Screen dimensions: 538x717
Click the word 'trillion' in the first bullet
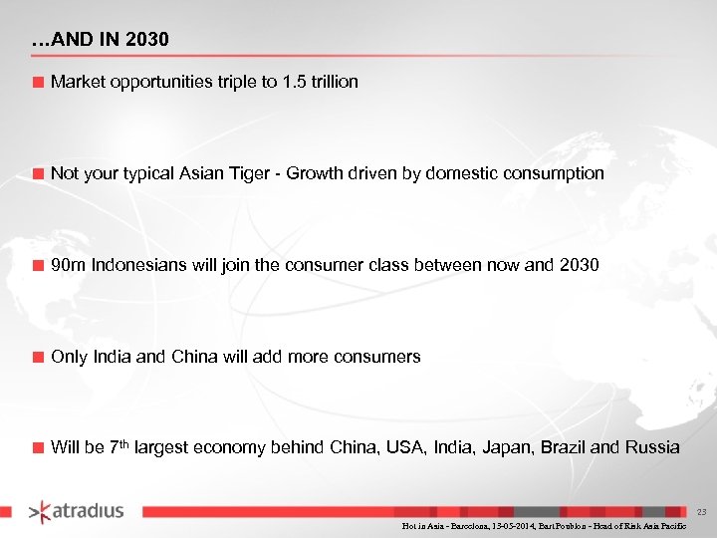coord(332,82)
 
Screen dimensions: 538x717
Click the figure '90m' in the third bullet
coord(67,265)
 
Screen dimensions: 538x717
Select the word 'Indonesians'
coord(133,265)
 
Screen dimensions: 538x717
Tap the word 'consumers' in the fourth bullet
coord(381,357)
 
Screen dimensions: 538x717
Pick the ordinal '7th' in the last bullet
coord(119,446)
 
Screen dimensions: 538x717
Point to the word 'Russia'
coord(652,447)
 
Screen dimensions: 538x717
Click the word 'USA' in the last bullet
coord(414,447)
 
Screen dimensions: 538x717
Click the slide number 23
coord(701,512)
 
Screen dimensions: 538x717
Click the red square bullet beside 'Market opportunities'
coord(38,83)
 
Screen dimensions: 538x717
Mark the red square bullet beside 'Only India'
coord(38,358)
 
